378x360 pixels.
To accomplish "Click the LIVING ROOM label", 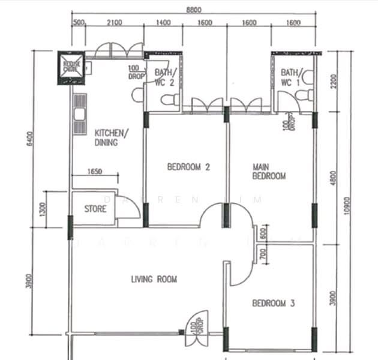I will coord(154,279).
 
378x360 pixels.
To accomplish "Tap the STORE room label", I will coord(95,209).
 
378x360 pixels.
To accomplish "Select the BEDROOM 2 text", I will coord(188,167).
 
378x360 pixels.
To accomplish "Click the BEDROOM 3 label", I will coord(273,304).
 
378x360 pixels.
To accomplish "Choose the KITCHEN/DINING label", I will coord(109,138).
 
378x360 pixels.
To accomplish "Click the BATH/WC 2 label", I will coord(164,77).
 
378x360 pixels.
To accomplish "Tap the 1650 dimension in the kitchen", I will coord(95,171).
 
